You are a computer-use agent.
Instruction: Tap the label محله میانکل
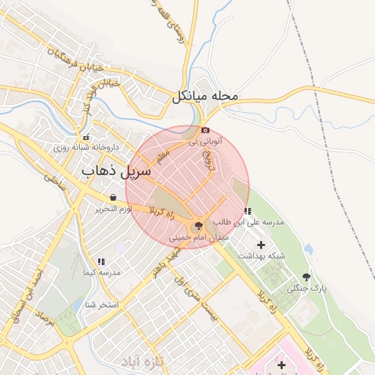point(206,97)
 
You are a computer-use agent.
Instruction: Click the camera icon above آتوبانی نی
point(205,130)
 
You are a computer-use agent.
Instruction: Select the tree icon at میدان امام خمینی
point(198,226)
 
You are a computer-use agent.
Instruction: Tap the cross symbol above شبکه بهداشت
point(261,244)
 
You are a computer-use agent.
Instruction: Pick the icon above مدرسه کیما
point(101,261)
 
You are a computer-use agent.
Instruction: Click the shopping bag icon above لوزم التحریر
point(113,197)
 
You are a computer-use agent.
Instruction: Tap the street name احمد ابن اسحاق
point(26,297)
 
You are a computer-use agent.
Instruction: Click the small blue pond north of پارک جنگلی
point(308,250)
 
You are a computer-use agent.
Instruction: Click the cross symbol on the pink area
point(281,364)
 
